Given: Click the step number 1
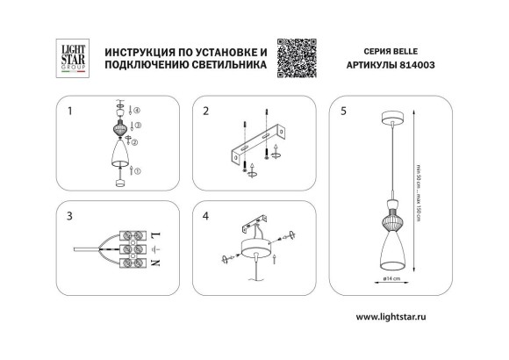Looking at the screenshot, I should (x=70, y=112).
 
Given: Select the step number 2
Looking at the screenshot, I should (x=207, y=112).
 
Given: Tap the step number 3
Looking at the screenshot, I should (x=70, y=214).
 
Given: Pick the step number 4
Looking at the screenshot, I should (x=207, y=214).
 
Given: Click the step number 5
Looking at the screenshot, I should (x=344, y=112).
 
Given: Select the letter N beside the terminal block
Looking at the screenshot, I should (x=155, y=263).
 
